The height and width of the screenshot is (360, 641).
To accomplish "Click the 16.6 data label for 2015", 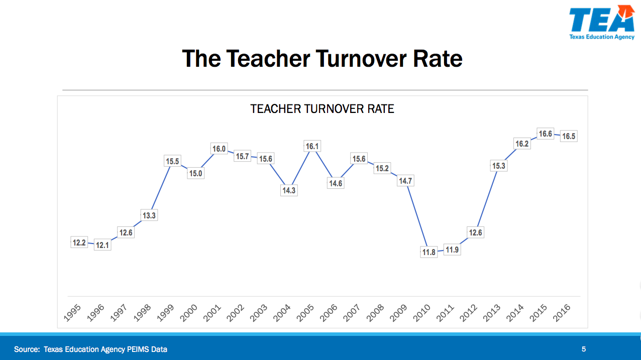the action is point(545,134).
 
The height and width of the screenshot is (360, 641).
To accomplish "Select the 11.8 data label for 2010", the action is point(429,252).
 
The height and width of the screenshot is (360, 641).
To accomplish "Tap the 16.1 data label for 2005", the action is point(312,146).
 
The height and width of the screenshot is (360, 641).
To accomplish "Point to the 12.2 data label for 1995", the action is point(79,243).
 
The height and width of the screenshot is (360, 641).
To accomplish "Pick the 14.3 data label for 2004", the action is point(289,190).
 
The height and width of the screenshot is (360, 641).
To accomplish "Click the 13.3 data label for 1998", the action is point(149,215).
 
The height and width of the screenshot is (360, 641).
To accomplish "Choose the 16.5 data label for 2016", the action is point(569,136).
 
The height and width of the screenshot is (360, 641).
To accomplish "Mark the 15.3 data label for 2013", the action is point(498,166).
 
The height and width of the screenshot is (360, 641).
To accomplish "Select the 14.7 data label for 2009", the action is point(405,181).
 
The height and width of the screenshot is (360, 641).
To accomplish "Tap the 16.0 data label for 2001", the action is point(219,149).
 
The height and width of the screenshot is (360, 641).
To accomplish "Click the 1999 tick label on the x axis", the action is point(165,313).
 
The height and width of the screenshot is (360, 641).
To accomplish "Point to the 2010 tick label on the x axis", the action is point(422,313).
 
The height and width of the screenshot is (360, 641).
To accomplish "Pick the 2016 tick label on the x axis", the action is point(562,313).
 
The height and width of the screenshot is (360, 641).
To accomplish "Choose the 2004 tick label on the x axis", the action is point(282,313).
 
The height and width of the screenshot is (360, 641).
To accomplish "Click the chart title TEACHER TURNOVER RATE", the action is point(322,109).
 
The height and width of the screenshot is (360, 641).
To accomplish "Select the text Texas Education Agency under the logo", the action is point(602,37).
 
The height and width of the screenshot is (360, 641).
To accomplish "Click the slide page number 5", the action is point(584,349).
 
